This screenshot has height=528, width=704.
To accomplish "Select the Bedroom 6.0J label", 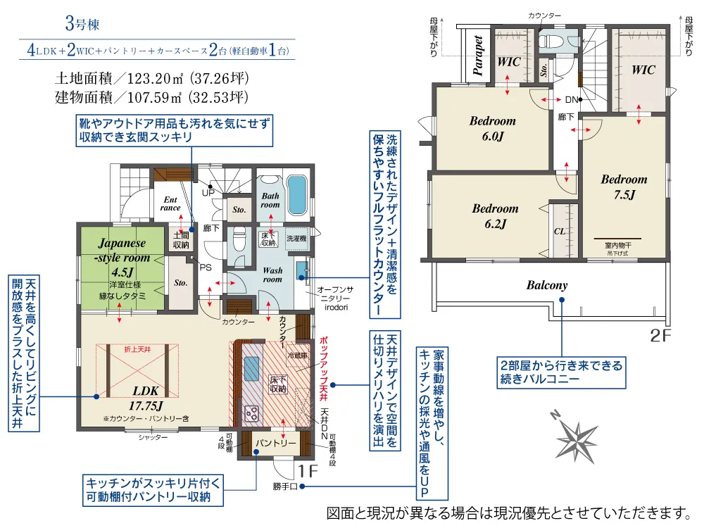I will pyautogui.click(x=493, y=128).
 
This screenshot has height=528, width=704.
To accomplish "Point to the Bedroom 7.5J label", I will pyautogui.click(x=624, y=187).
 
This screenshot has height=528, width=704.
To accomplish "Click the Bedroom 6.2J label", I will pyautogui.click(x=495, y=216).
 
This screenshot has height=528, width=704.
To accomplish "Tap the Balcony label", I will pyautogui.click(x=546, y=286).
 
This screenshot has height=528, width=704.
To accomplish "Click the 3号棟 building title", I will pyautogui.click(x=82, y=25).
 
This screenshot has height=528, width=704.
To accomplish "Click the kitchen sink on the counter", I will pyautogui.click(x=252, y=367).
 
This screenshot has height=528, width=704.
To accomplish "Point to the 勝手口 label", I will pyautogui.click(x=285, y=486).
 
